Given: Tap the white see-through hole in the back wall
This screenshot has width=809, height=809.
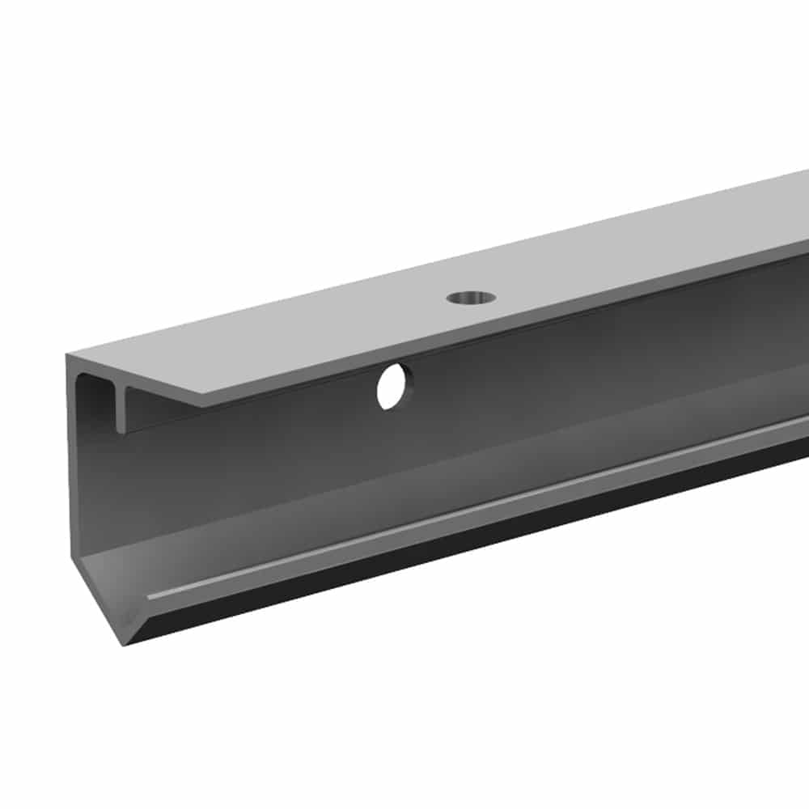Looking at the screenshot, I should point(392,388).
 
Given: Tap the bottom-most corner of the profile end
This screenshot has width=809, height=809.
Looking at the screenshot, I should point(125,644).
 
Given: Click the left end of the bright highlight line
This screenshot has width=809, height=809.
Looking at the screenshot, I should point(150,598).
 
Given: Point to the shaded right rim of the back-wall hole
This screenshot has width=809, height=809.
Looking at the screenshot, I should point(407,383).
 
